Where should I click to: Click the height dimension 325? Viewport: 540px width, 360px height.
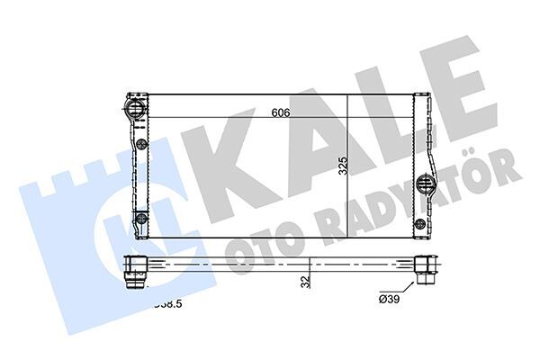point(342,167)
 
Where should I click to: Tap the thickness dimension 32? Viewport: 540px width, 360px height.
point(306,281)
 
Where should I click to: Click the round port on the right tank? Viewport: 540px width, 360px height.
point(426,185)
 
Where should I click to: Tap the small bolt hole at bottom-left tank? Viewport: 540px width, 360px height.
point(140,219)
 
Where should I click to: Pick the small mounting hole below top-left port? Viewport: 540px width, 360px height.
point(141,143)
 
